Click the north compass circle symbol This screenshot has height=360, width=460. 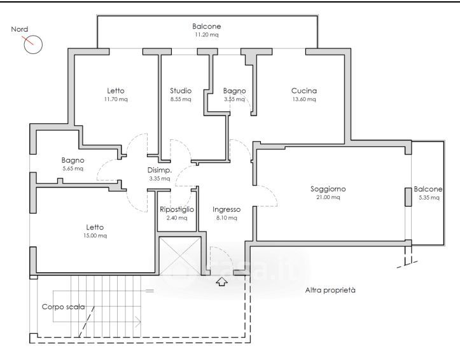(34, 45)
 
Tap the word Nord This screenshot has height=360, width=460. (20, 29)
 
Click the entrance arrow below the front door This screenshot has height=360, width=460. (222, 282)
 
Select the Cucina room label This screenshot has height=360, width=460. (304, 91)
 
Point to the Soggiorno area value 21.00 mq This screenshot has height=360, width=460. (328, 197)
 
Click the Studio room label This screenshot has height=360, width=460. (181, 91)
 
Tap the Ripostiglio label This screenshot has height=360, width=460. (177, 210)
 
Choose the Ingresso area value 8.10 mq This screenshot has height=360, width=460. (227, 218)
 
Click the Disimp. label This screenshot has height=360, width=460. (160, 170)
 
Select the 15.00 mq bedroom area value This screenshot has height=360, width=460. (95, 236)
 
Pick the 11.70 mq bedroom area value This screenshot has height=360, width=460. (116, 99)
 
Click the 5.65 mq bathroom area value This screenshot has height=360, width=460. (73, 169)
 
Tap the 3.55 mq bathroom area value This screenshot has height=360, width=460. (234, 99)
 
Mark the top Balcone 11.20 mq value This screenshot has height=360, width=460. (207, 34)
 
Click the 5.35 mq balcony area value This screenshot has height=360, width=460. (429, 198)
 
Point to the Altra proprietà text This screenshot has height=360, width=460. (330, 290)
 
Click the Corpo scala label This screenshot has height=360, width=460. (64, 307)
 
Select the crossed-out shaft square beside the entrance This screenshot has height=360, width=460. (180, 256)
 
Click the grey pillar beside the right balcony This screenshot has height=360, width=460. (408, 197)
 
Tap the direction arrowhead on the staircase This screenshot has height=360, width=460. (138, 322)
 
